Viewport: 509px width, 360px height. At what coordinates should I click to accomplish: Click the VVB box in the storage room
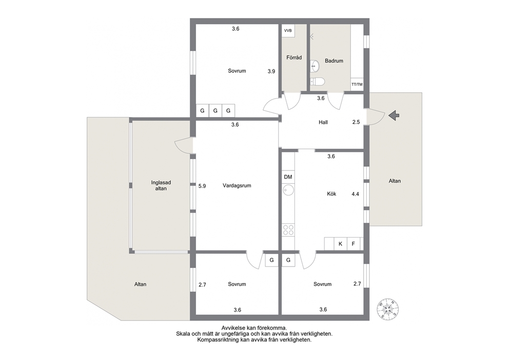(x=288, y=30)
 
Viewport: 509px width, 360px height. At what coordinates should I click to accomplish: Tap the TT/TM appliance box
(x=357, y=84)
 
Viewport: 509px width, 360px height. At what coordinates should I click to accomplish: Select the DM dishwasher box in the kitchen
(x=288, y=177)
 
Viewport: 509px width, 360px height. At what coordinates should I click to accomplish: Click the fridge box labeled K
(x=341, y=244)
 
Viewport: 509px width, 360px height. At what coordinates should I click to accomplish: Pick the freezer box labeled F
(x=354, y=244)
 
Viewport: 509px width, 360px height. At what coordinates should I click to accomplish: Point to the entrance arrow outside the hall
(x=394, y=116)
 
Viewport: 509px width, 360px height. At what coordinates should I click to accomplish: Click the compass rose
(x=387, y=309)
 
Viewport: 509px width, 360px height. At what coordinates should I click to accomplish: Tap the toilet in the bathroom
(x=317, y=81)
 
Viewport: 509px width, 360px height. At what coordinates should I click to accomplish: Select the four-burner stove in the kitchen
(x=288, y=230)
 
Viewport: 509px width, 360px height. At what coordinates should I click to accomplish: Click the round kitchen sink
(x=288, y=190)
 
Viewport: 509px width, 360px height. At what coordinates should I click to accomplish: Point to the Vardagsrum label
(x=237, y=185)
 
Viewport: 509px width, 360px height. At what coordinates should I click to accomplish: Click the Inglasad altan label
(x=161, y=185)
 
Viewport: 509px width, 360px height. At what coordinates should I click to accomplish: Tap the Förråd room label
(x=294, y=58)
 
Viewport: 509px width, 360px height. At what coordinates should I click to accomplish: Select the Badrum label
(x=334, y=61)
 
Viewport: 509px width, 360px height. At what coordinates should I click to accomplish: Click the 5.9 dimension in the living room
(x=202, y=186)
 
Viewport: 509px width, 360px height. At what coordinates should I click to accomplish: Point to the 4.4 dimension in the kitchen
(x=356, y=194)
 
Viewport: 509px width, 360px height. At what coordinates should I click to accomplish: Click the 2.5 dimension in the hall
(x=356, y=122)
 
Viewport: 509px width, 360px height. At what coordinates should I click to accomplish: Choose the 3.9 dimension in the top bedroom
(x=271, y=71)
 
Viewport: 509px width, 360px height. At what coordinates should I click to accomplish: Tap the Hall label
(x=323, y=122)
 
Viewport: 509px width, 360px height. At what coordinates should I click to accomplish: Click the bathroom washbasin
(x=315, y=66)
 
